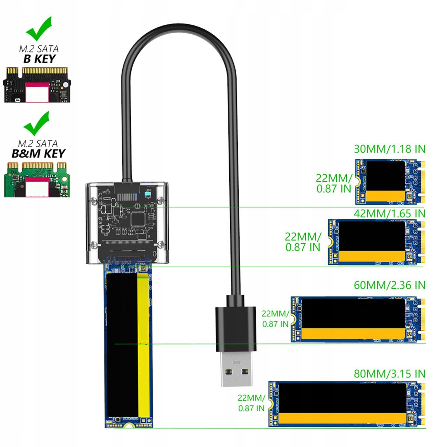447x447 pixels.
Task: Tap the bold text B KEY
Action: tap(40, 59)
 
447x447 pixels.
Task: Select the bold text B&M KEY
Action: tap(39, 154)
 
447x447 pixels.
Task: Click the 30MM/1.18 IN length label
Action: tap(389, 149)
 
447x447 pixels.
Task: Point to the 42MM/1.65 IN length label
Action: tap(389, 214)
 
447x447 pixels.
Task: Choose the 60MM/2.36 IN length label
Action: tap(389, 285)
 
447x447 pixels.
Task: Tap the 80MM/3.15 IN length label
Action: tap(389, 374)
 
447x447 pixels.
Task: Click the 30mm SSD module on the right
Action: tap(390, 182)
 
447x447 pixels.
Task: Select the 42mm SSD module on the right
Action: tap(376, 242)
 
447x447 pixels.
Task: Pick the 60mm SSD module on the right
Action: tap(358, 319)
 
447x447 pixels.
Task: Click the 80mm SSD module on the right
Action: tap(346, 404)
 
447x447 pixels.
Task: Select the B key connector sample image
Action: tap(37, 85)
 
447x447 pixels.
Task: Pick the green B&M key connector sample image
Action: tap(37, 179)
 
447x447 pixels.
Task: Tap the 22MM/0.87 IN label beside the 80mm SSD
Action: tap(251, 403)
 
